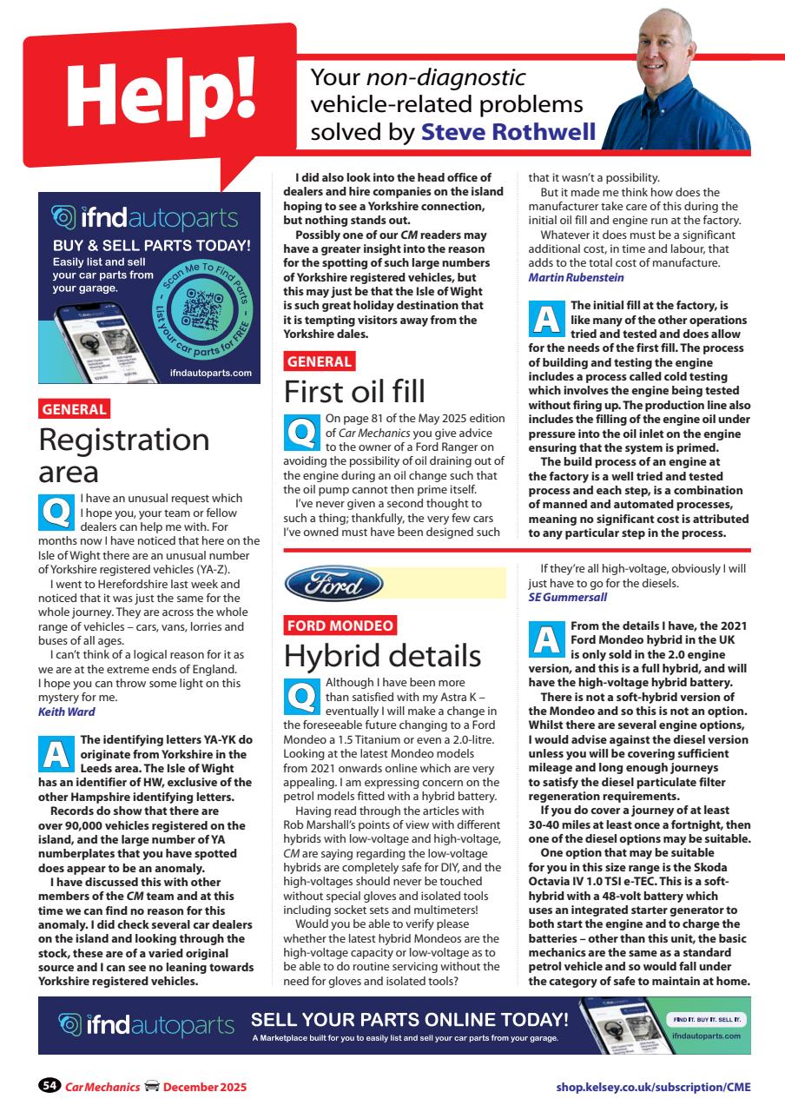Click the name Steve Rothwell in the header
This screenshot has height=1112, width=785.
(508, 131)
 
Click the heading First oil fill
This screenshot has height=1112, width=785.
(354, 392)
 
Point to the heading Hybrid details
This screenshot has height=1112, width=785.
(382, 655)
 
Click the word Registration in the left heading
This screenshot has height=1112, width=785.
(124, 440)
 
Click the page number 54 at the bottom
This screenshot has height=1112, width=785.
(49, 1087)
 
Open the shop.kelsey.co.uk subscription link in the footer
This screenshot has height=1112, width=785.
(653, 1087)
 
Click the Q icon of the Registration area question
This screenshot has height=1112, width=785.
(56, 511)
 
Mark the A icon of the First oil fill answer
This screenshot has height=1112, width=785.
(546, 318)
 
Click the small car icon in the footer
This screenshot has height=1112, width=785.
(151, 1087)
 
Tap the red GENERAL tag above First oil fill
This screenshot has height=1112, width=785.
(319, 361)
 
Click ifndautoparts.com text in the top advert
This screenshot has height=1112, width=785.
(211, 373)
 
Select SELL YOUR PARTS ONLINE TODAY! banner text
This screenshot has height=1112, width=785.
(409, 1019)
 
